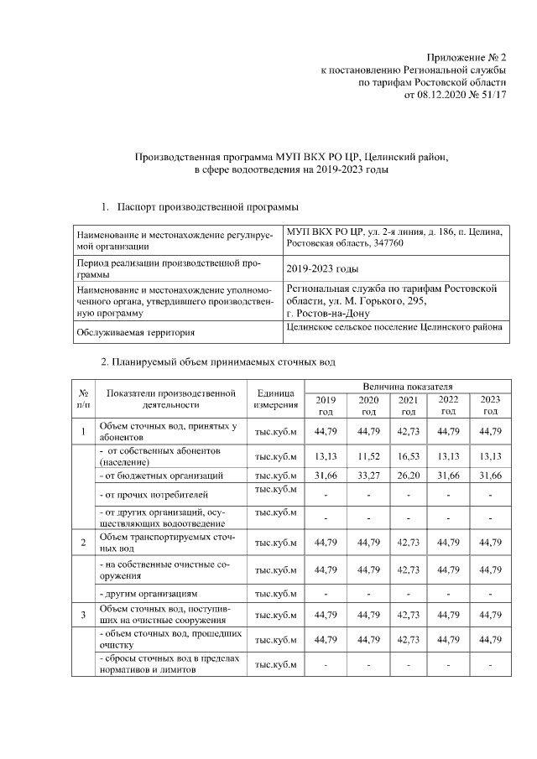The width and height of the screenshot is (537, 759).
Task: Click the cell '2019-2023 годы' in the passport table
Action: tap(322, 269)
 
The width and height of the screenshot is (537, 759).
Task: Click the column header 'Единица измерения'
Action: tap(276, 398)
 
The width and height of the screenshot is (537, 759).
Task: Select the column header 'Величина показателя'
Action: tap(408, 384)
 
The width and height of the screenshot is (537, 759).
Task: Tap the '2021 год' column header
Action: tap(408, 405)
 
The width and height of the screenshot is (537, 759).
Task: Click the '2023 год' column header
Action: tap(489, 405)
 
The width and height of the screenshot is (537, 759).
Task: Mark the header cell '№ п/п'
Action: tap(84, 398)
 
